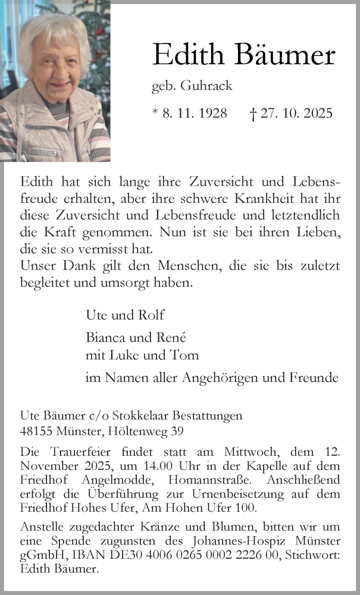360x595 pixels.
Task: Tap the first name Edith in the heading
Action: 189,55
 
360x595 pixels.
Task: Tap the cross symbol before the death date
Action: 253,114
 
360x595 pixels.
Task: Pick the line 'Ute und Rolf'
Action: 125,315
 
